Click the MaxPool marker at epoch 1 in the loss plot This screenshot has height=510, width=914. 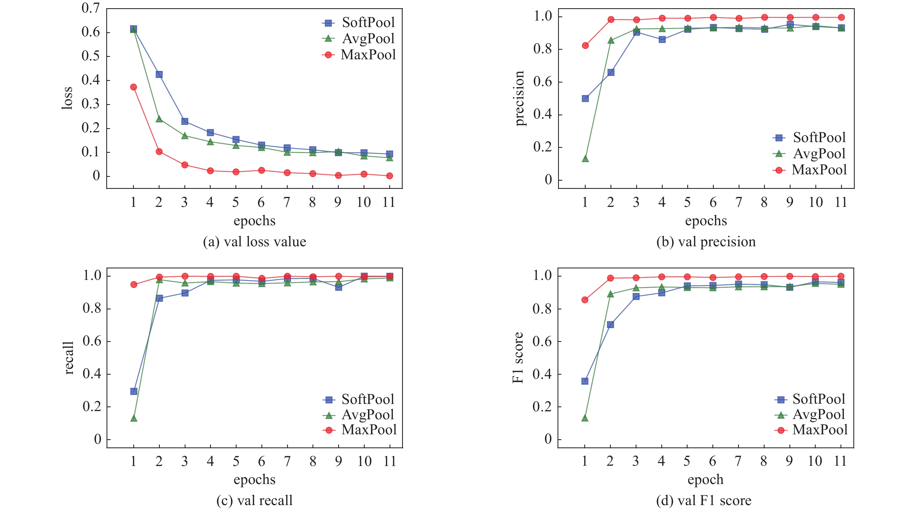click(x=133, y=87)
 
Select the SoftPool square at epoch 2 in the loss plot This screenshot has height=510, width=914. click(x=159, y=74)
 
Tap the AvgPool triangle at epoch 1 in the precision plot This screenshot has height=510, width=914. click(x=585, y=159)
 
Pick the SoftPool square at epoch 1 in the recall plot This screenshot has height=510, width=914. click(x=134, y=391)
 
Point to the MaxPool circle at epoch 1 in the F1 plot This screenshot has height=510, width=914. click(x=585, y=300)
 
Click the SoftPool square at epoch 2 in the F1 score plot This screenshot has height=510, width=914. click(x=610, y=324)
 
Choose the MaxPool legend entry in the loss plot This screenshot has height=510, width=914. click(x=359, y=55)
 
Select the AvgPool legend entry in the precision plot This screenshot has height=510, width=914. click(x=810, y=153)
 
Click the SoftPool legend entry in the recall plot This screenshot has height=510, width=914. click(x=359, y=399)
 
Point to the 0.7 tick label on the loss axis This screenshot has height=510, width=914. click(x=91, y=8)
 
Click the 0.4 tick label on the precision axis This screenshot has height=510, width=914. click(x=542, y=114)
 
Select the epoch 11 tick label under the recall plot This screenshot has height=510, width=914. click(x=390, y=461)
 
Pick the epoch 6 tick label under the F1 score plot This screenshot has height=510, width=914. click(x=712, y=461)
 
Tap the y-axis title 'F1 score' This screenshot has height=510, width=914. click(x=518, y=357)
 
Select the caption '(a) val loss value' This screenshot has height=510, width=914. click(x=254, y=242)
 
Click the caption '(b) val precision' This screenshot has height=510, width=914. click(x=706, y=242)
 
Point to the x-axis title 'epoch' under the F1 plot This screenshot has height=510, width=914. click(x=705, y=479)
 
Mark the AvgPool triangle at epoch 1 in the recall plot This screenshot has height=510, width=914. click(x=134, y=418)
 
